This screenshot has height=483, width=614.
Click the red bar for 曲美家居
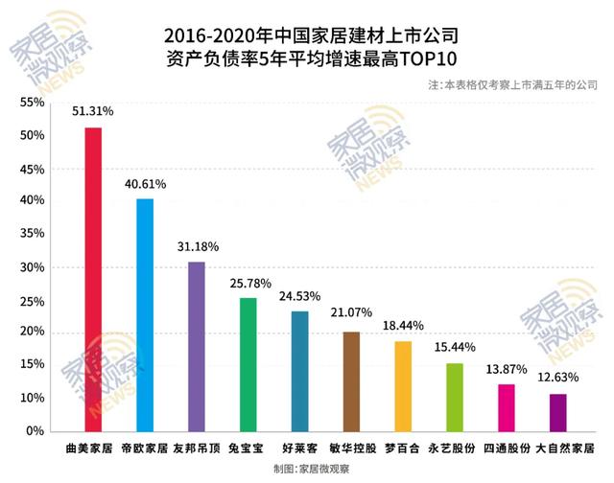tap(93, 279)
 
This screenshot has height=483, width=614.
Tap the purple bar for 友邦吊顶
tap(197, 346)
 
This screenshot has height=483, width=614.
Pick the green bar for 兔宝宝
tap(248, 364)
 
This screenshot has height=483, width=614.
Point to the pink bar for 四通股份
tap(507, 407)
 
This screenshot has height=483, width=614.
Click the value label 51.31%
tap(94, 111)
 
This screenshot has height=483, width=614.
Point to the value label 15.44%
tap(455, 347)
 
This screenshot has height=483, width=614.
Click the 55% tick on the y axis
tap(32, 102)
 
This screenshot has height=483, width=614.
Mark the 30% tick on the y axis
tap(32, 267)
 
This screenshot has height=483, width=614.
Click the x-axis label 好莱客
tap(299, 448)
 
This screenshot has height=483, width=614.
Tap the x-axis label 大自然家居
tap(565, 448)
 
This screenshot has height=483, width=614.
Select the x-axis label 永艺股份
tap(455, 448)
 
